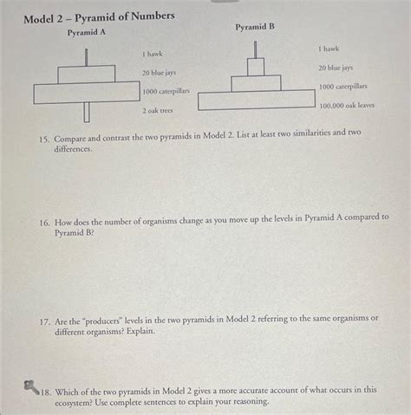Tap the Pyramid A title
87,33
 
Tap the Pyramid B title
255,27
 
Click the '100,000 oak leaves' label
347,106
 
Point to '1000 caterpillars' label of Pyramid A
166,91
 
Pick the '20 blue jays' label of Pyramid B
336,67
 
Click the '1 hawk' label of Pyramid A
153,55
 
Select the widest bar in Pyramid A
86,92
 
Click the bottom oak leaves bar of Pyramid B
256,101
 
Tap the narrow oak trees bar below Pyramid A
86,112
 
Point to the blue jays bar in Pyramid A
86,74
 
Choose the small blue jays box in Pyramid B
256,67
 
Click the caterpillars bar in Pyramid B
256,83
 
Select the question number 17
43,318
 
